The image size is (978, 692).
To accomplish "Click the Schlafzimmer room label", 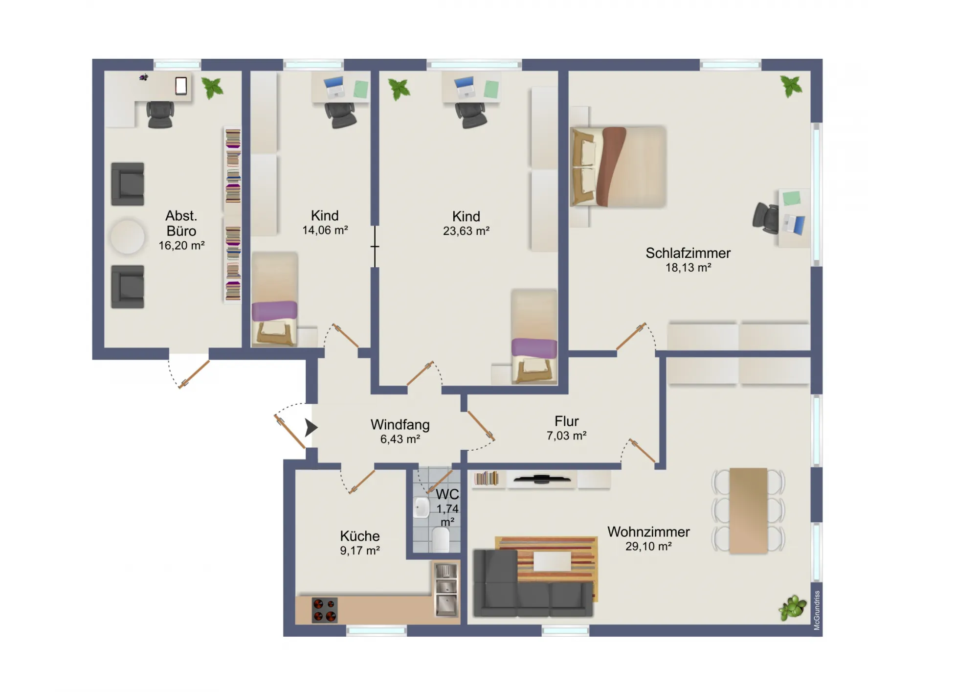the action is (x=688, y=253).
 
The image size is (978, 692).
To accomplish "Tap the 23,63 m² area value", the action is (x=466, y=231).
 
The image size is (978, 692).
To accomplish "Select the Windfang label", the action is (x=400, y=424).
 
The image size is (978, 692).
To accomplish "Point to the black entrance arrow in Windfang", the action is (x=311, y=427).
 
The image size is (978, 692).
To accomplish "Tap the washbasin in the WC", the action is (x=422, y=508).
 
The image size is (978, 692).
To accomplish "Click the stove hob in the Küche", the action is (x=325, y=610).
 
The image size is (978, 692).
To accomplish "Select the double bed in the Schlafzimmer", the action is (x=618, y=167).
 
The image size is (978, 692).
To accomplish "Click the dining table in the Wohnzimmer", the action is (x=748, y=511).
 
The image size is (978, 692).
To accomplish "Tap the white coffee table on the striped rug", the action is (x=552, y=561).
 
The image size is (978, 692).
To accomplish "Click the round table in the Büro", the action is (x=128, y=236).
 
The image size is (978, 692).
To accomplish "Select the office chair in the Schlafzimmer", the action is (x=766, y=217).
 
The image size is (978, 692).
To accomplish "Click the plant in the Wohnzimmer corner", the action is (x=792, y=608).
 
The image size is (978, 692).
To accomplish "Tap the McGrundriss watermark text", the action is (x=817, y=610).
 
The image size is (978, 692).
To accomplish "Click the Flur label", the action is (x=567, y=421).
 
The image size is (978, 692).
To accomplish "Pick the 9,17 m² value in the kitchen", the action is (x=360, y=551).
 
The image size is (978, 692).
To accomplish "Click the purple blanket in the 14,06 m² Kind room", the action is (x=274, y=311).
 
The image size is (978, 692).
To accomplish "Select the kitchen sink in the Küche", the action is (x=446, y=589).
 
